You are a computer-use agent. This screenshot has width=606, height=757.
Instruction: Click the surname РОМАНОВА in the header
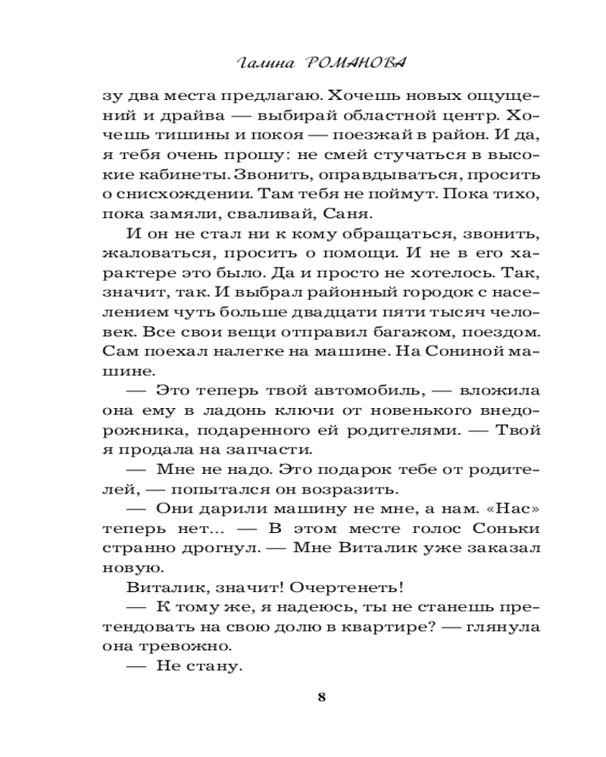click(350, 63)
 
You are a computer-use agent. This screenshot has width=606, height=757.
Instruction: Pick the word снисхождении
click(173, 195)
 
